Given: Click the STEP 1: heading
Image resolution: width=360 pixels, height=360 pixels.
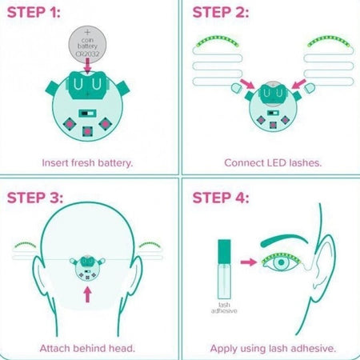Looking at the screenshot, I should click(41, 14).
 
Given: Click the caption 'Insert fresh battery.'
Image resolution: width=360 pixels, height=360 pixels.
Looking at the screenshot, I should click(87, 162).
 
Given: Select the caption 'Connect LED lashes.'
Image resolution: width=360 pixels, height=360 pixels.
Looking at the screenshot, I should click(269, 162).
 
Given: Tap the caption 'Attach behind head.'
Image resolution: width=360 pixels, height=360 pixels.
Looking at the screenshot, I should click(87, 348).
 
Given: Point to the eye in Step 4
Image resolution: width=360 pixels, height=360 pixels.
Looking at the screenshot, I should click(279, 262).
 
